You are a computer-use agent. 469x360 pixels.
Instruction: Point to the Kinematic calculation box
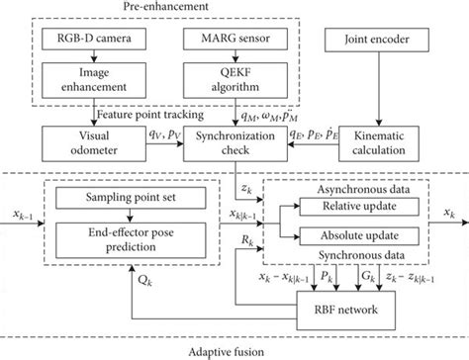tap(385, 139)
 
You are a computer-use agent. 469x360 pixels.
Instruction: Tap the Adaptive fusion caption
tap(234, 349)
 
